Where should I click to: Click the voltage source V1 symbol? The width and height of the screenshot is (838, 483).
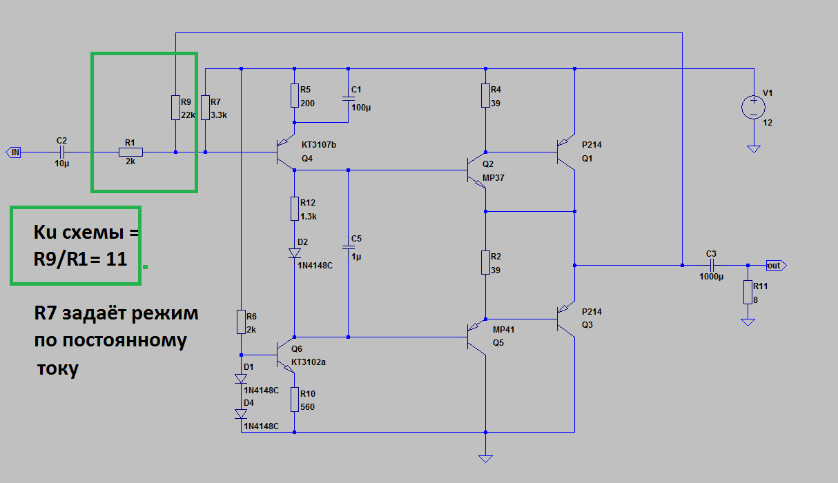(x=754, y=107)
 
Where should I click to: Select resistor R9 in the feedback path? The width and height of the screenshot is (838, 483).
(x=176, y=108)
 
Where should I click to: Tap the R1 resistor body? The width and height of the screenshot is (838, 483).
(x=130, y=152)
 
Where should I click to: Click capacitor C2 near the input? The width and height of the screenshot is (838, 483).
(x=62, y=152)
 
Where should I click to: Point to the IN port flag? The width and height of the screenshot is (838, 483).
(x=14, y=152)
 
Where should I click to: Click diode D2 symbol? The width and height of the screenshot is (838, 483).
(x=295, y=253)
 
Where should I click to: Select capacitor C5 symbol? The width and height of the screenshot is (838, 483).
(x=348, y=246)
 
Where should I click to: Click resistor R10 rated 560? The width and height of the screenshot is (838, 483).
(x=295, y=400)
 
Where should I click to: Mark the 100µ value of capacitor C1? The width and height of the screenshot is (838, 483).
(x=360, y=108)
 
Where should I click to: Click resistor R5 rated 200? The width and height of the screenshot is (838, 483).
(x=295, y=96)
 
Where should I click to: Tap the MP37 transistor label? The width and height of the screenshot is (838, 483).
(x=493, y=177)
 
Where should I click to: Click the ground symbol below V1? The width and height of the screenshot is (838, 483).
(x=754, y=148)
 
